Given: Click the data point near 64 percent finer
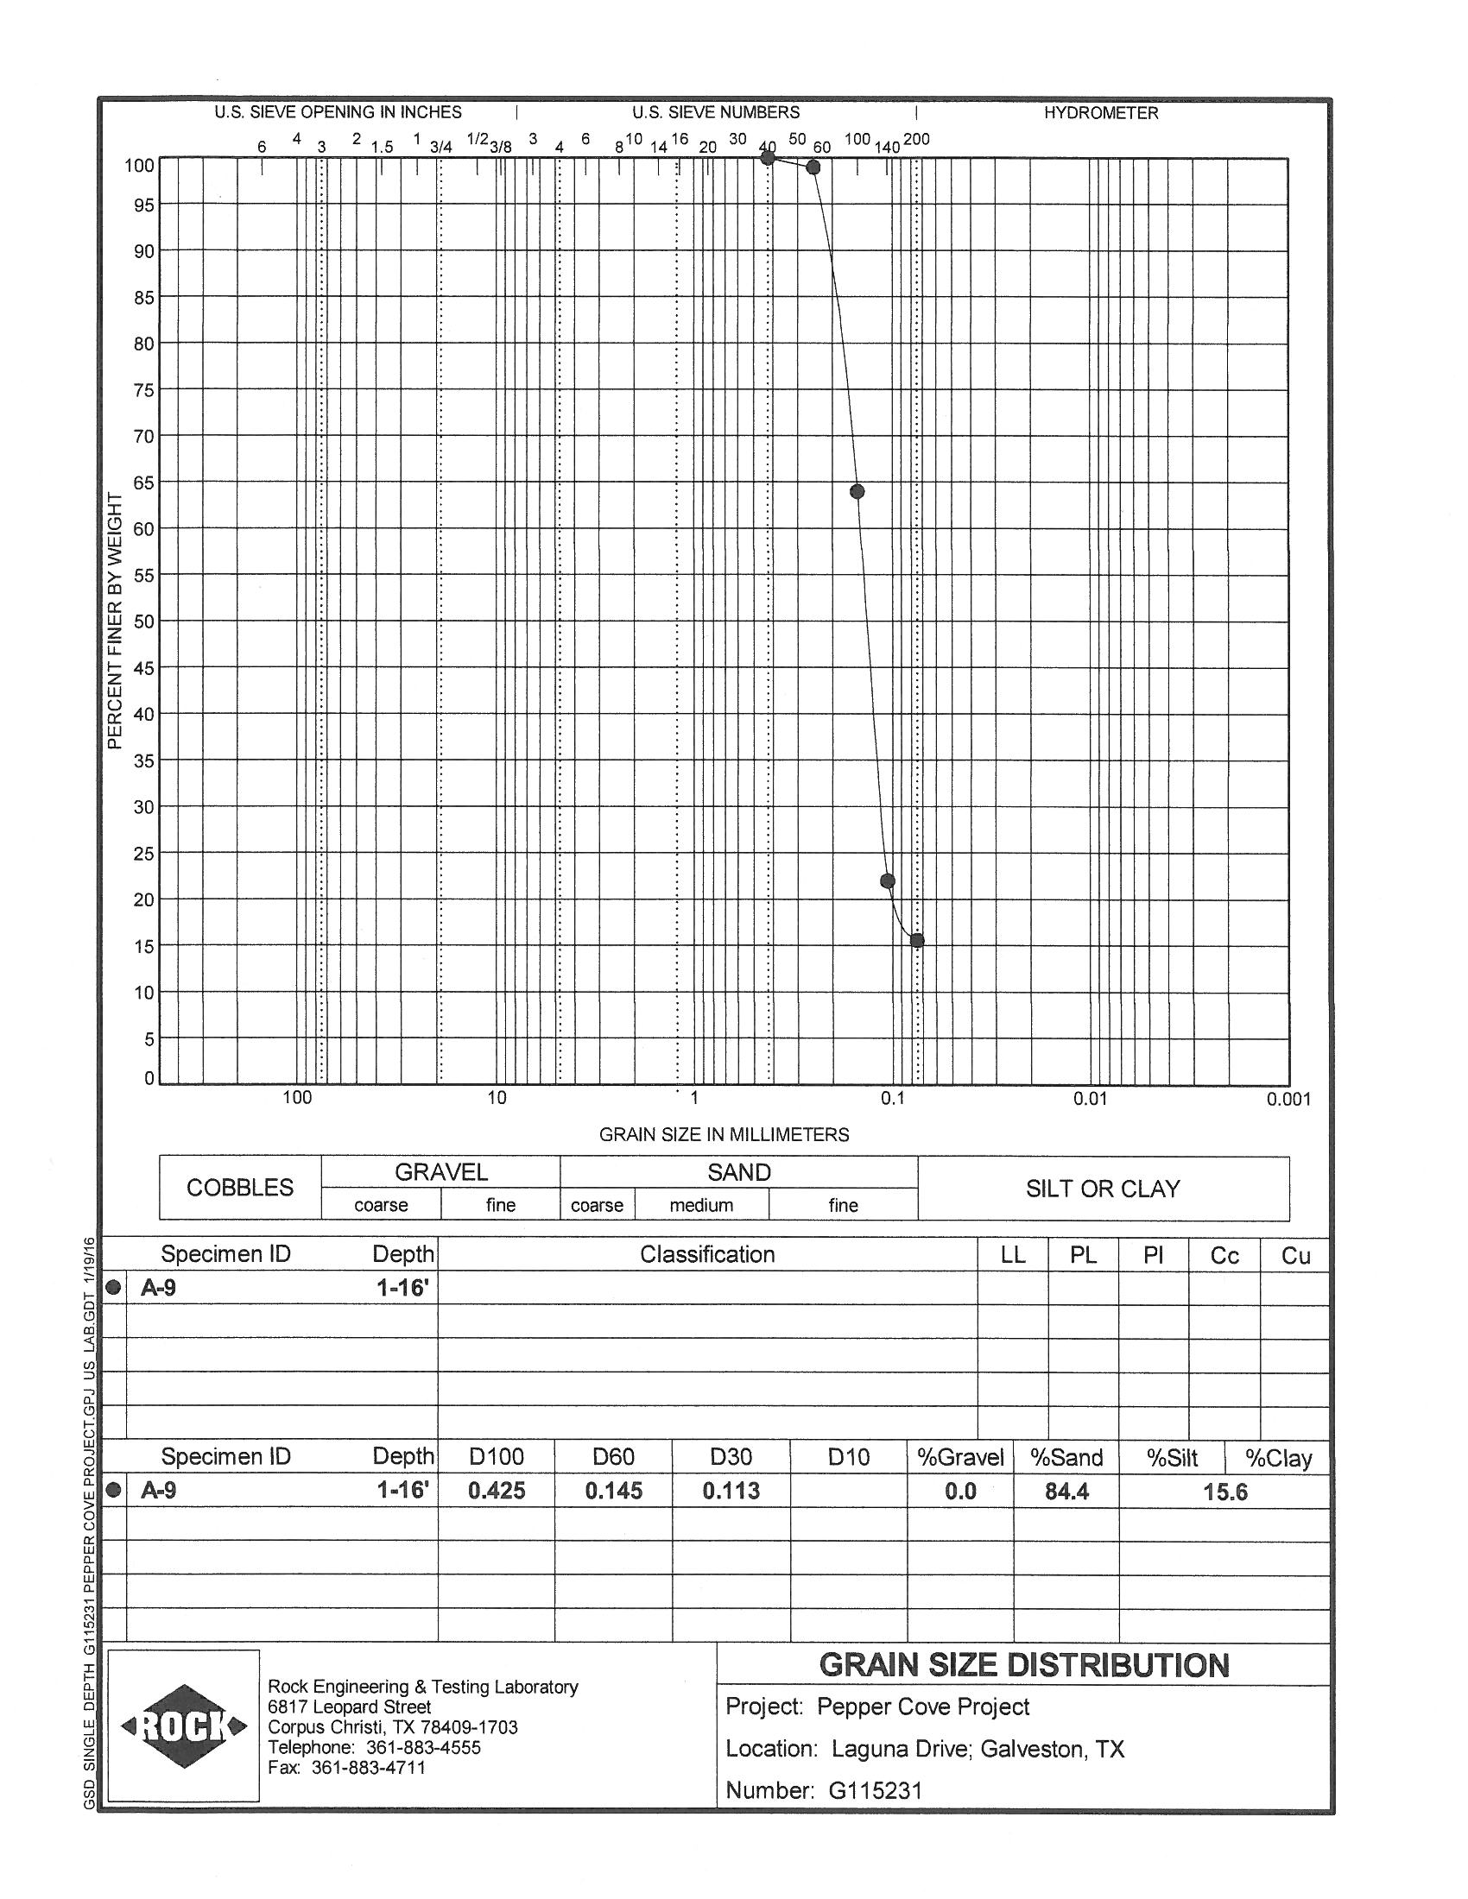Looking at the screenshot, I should [857, 491].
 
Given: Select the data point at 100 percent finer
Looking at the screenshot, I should [768, 157].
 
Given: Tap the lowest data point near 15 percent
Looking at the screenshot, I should [916, 940].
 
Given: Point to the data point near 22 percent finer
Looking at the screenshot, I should [888, 880].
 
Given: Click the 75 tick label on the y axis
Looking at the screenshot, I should [143, 390].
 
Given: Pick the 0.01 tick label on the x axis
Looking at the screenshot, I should [1090, 1098].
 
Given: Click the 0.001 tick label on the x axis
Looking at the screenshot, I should [1288, 1099].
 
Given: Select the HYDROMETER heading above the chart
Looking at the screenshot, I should [1101, 113].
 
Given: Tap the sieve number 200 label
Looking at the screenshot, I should [916, 139].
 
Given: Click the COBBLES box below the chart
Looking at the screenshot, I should [240, 1188].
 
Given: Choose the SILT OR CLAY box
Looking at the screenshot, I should [1103, 1189].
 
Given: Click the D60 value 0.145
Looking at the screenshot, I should [613, 1492].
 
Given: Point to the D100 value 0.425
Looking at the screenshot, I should [497, 1492].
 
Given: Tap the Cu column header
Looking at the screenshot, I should [1295, 1256].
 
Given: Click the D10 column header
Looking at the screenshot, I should [848, 1457].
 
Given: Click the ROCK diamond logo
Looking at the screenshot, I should [183, 1726].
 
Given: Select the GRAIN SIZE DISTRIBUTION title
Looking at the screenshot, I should [1023, 1665].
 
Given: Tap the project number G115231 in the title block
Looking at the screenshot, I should [875, 1790].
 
